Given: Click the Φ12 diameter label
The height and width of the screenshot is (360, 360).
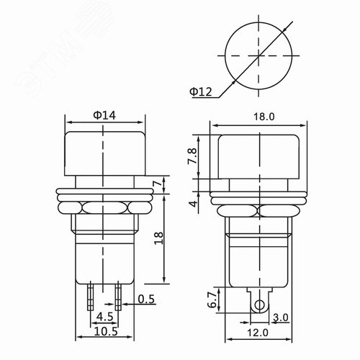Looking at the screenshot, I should (201, 91).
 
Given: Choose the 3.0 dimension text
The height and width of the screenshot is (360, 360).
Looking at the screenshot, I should (282, 317).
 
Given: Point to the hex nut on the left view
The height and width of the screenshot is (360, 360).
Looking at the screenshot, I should (105, 209).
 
